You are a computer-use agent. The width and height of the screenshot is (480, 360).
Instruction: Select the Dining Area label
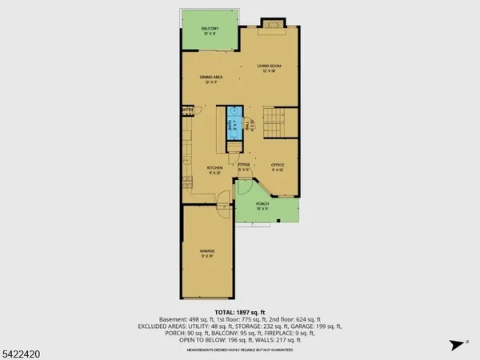[212, 79]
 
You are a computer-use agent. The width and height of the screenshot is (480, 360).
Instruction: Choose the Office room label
[278, 166]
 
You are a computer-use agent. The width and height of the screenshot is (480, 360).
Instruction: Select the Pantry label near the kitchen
[188, 110]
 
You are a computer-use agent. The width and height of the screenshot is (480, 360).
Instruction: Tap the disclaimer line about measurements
[240, 350]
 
